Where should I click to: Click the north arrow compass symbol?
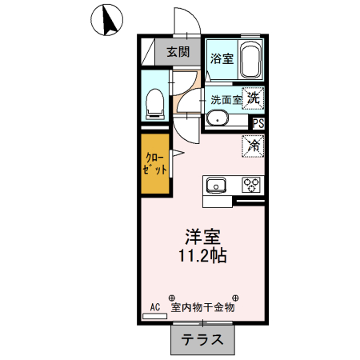pyautogui.click(x=106, y=19)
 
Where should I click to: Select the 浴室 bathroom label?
pyautogui.click(x=221, y=58)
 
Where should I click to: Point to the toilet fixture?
pyautogui.click(x=155, y=102)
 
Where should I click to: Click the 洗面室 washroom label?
pyautogui.click(x=225, y=101)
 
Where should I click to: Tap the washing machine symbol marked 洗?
pyautogui.click(x=253, y=98)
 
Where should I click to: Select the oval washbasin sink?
pyautogui.click(x=218, y=120)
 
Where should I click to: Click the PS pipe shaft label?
pyautogui.click(x=258, y=123)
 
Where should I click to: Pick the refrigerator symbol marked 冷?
pyautogui.click(x=253, y=146)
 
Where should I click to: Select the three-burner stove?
pyautogui.click(x=252, y=185)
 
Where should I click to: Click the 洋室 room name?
pyautogui.click(x=202, y=237)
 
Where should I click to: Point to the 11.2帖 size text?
pyautogui.click(x=202, y=257)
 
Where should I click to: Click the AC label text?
pyautogui.click(x=155, y=306)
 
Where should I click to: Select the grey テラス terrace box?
pyautogui.click(x=203, y=339)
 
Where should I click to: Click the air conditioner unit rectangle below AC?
pyautogui.click(x=154, y=316)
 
